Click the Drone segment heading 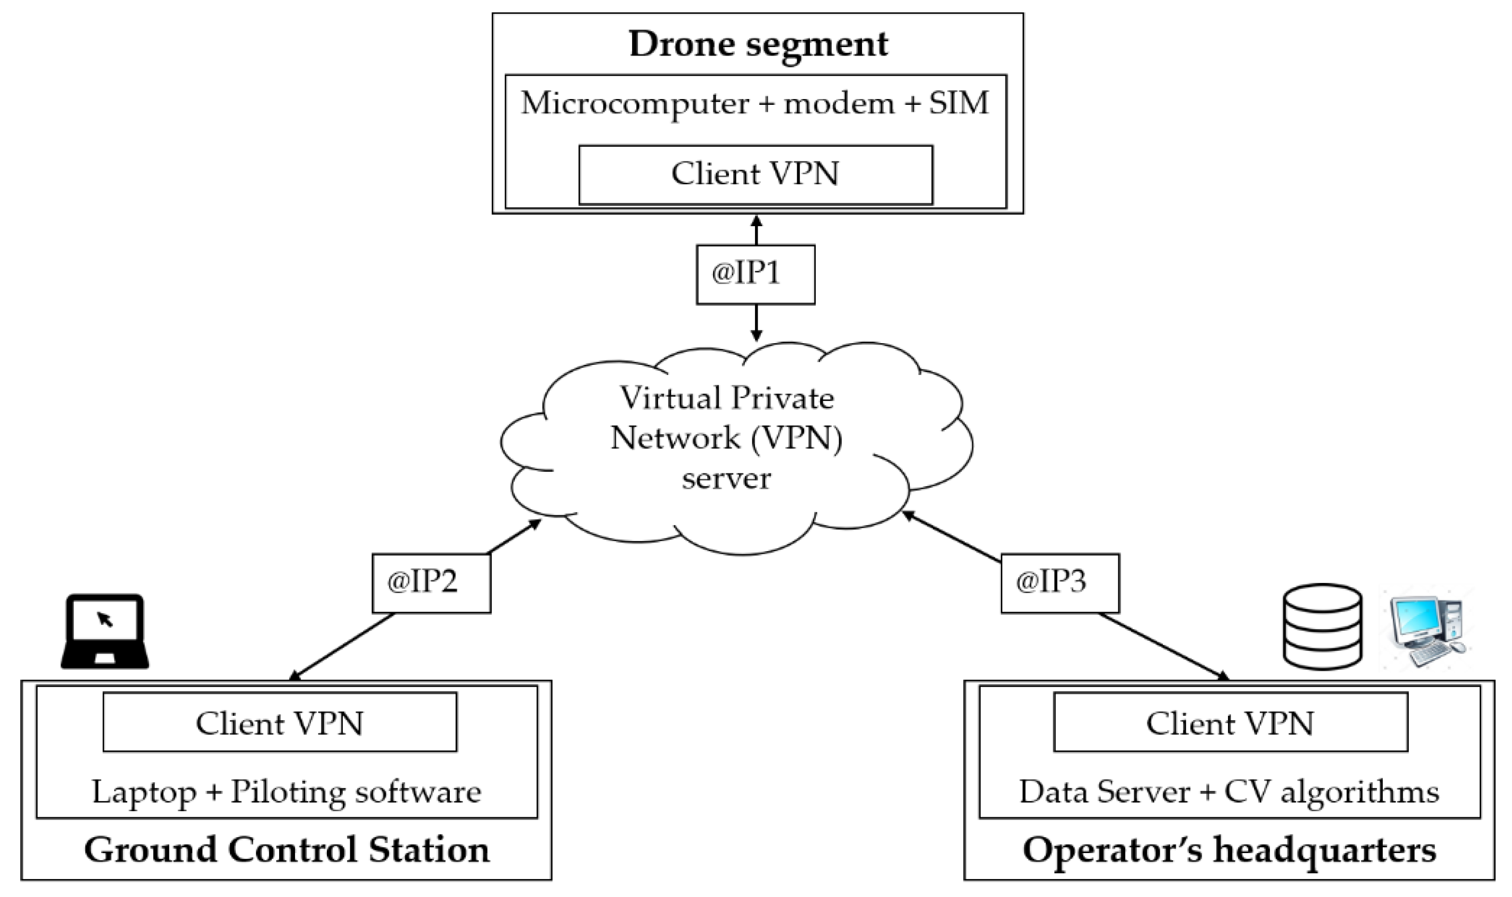coord(758,43)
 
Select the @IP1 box coord(755,274)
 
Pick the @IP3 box coord(1060,584)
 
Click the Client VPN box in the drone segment coord(755,175)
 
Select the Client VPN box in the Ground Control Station coord(279,722)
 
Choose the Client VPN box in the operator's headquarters coord(1230,722)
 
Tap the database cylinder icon coord(1323,627)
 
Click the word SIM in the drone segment coord(958,103)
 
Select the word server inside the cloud coord(726,479)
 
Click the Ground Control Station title coord(287,849)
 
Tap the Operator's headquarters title coord(1229,849)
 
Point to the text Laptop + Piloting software coord(287,792)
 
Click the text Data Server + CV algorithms coord(1229,792)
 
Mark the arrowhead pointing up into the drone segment coord(755,219)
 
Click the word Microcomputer coord(635,103)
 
